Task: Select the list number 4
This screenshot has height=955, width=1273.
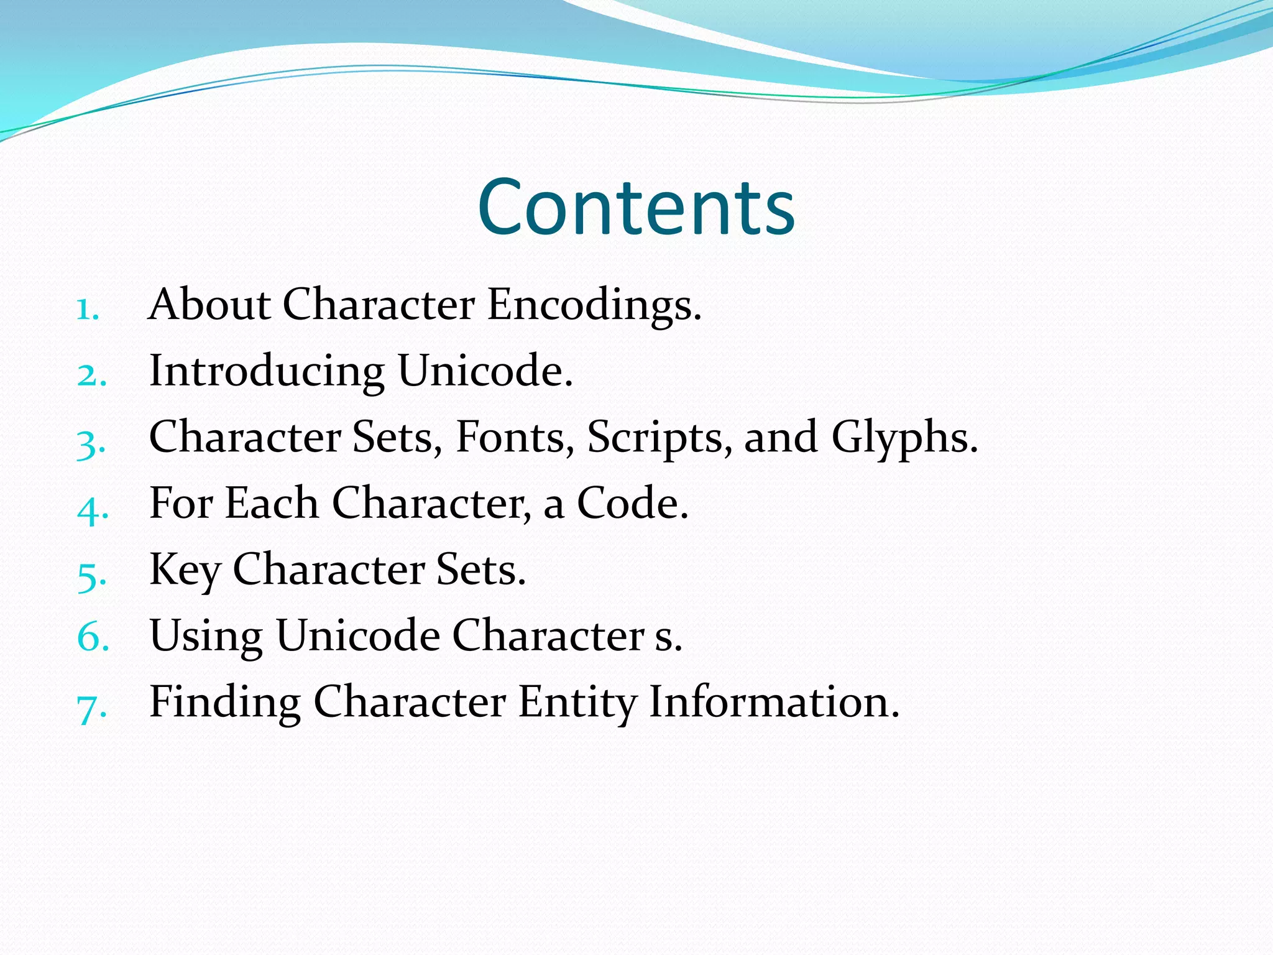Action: coord(91,509)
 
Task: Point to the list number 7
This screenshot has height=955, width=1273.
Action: coord(91,708)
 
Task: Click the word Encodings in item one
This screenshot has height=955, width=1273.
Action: coord(594,307)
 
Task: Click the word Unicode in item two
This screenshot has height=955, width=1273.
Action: coord(484,371)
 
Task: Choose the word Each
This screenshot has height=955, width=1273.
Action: coord(272,503)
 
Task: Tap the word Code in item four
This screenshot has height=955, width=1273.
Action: coord(632,503)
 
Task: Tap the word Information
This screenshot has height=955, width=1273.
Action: coord(773,703)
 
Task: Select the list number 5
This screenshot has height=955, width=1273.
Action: coord(91,576)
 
